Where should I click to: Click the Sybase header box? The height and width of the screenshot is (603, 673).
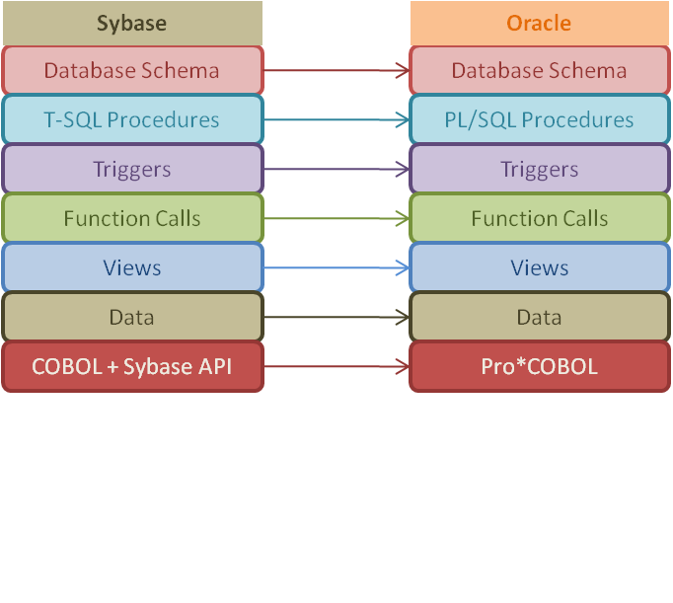click(132, 23)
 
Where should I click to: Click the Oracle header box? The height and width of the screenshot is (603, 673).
click(540, 23)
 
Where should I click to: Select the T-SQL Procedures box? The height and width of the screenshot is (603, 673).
click(132, 119)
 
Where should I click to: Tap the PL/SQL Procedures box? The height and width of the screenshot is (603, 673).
click(540, 119)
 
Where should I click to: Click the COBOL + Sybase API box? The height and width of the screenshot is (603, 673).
click(132, 366)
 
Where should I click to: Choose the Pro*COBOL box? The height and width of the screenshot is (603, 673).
click(540, 366)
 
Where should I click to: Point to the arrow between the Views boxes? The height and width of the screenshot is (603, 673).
click(336, 267)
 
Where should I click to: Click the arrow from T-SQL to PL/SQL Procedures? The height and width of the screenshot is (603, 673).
click(336, 119)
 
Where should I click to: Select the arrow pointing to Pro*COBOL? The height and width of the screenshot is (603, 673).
click(336, 366)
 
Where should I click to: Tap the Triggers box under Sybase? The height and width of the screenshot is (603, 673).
click(132, 169)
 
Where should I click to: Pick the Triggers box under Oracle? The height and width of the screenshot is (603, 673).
click(540, 169)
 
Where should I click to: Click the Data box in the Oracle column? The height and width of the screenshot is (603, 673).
click(540, 317)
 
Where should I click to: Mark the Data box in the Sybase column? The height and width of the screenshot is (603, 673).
click(132, 317)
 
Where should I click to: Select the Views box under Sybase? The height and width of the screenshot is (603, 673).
click(132, 267)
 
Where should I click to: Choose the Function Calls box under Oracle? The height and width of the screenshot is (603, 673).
click(540, 218)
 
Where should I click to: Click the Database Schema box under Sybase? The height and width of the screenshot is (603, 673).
click(132, 70)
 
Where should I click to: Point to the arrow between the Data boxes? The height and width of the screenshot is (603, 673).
click(336, 317)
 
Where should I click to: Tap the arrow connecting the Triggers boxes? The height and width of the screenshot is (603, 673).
click(336, 169)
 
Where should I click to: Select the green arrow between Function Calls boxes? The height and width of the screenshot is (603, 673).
click(336, 218)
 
